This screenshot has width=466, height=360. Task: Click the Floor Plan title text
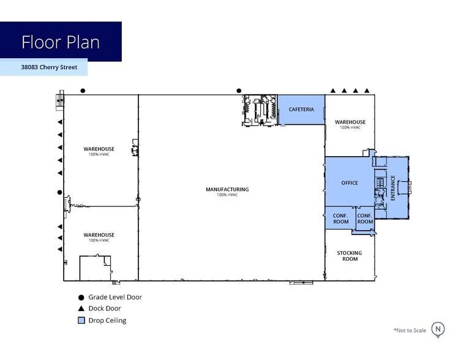pyautogui.click(x=61, y=42)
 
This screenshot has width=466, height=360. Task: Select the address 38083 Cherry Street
pyautogui.click(x=49, y=67)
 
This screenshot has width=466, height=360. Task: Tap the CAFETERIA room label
pyautogui.click(x=301, y=110)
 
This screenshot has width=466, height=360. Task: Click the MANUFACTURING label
pyautogui.click(x=227, y=189)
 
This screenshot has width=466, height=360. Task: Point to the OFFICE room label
pyautogui.click(x=350, y=183)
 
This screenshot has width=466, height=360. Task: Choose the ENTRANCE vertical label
pyautogui.click(x=393, y=188)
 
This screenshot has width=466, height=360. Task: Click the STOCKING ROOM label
pyautogui.click(x=350, y=256)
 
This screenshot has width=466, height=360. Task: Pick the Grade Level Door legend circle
pyautogui.click(x=81, y=298)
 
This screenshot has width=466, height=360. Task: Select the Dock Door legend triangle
pyautogui.click(x=81, y=309)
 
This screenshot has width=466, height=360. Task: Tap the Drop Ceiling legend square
pyautogui.click(x=81, y=320)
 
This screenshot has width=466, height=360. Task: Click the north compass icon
pyautogui.click(x=438, y=330)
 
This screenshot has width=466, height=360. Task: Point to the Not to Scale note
pyautogui.click(x=410, y=330)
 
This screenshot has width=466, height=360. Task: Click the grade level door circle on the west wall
pyautogui.click(x=60, y=192)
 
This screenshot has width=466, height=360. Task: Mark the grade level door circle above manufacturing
pyautogui.click(x=239, y=91)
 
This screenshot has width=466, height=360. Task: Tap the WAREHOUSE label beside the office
pyautogui.click(x=350, y=122)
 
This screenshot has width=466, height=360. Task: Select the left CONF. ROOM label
pyautogui.click(x=340, y=219)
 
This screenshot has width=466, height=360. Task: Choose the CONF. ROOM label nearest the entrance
pyautogui.click(x=365, y=219)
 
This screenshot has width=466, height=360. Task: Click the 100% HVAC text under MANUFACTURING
pyautogui.click(x=227, y=195)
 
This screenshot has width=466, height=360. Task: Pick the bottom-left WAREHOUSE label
pyautogui.click(x=99, y=235)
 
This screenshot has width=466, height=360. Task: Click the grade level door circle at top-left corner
pyautogui.click(x=83, y=91)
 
